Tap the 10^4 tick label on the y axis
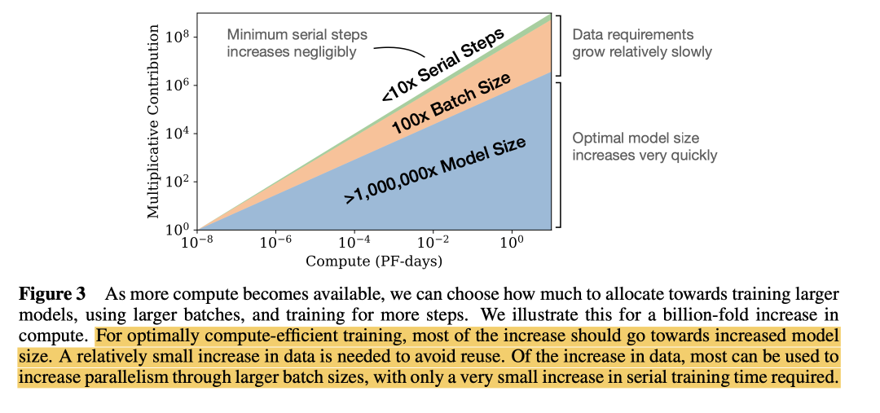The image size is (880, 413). coord(179,134)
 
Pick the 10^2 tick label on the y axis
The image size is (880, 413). coord(179,182)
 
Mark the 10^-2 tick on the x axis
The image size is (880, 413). coord(434,244)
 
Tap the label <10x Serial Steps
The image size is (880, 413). coord(443,65)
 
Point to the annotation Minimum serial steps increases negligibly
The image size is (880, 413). coord(297,43)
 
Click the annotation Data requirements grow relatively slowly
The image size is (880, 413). coord(642,43)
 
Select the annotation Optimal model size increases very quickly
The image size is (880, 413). coord(645,146)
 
